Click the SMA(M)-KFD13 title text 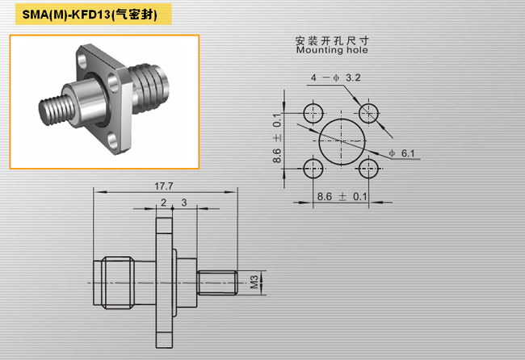[x=90, y=15]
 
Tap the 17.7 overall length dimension [x=164, y=186]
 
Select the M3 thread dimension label [x=254, y=282]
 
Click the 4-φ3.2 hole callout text [x=335, y=78]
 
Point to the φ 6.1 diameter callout [x=401, y=153]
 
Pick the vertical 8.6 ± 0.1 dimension [x=277, y=138]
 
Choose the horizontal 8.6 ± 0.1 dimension [x=342, y=196]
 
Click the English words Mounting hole [x=332, y=50]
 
